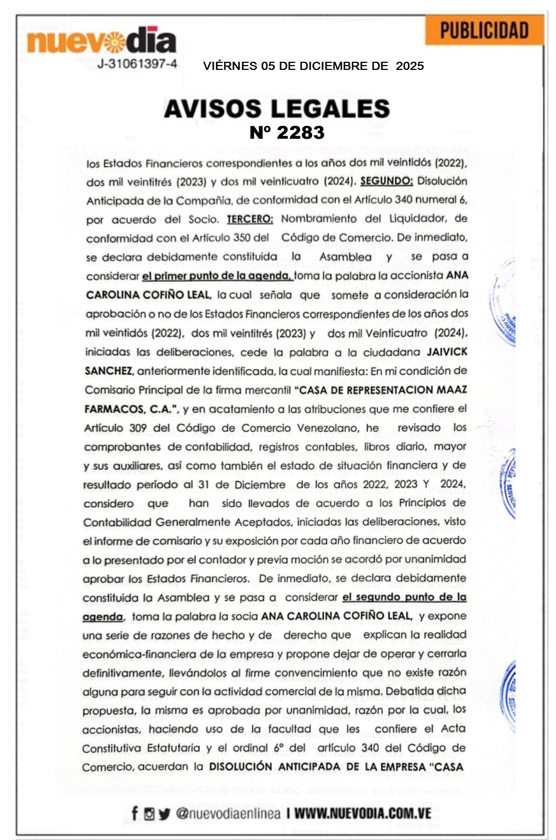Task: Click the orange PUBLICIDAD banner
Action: point(484,30)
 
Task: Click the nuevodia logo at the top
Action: point(102,41)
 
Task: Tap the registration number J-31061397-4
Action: point(137,64)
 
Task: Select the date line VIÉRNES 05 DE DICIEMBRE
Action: point(313,66)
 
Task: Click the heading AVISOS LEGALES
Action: point(277,108)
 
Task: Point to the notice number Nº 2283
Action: point(287,132)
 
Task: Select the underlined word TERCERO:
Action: point(250,219)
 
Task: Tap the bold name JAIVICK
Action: point(447,352)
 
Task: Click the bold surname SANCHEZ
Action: point(108,371)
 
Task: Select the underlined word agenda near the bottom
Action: point(102,617)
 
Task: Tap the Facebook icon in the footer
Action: point(135,813)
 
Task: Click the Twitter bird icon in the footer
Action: point(165,813)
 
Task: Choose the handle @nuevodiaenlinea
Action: point(228,813)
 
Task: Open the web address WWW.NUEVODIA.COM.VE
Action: point(362,813)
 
